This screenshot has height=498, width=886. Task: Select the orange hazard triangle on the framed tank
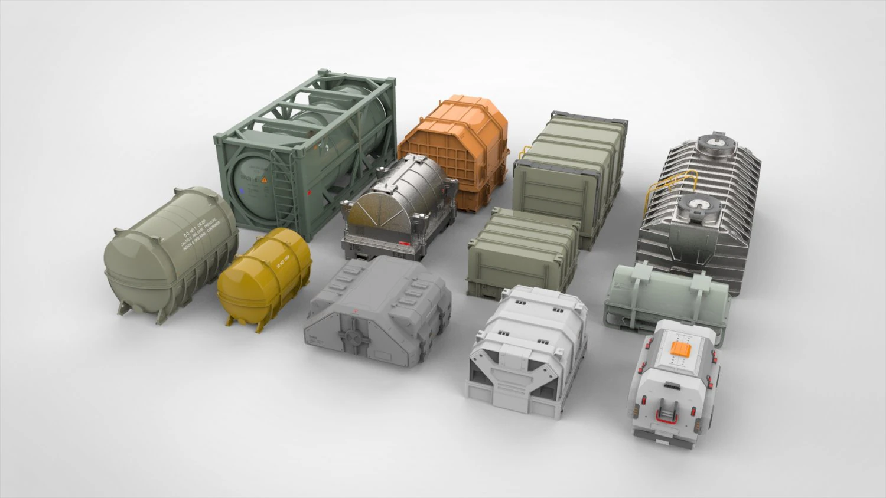click(x=264, y=178)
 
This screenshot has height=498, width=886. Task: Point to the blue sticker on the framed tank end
click(x=242, y=191)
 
